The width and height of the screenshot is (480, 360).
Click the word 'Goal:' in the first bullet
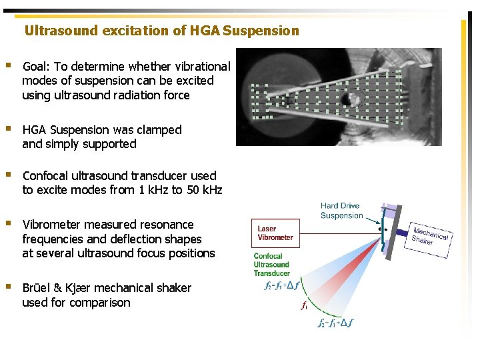tap(37, 67)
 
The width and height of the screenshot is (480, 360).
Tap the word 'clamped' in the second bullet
tap(159, 130)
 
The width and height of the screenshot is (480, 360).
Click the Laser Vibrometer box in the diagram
tap(275, 233)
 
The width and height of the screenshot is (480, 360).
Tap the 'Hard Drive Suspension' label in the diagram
tap(341, 211)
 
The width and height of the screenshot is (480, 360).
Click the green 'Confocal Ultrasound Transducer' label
tap(271, 264)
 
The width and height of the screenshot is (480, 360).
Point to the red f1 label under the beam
tap(304, 307)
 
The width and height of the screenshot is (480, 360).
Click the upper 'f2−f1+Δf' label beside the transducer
tap(283, 285)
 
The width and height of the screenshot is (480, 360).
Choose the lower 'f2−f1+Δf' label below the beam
tap(336, 323)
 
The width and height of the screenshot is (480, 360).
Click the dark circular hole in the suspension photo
tap(348, 101)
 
